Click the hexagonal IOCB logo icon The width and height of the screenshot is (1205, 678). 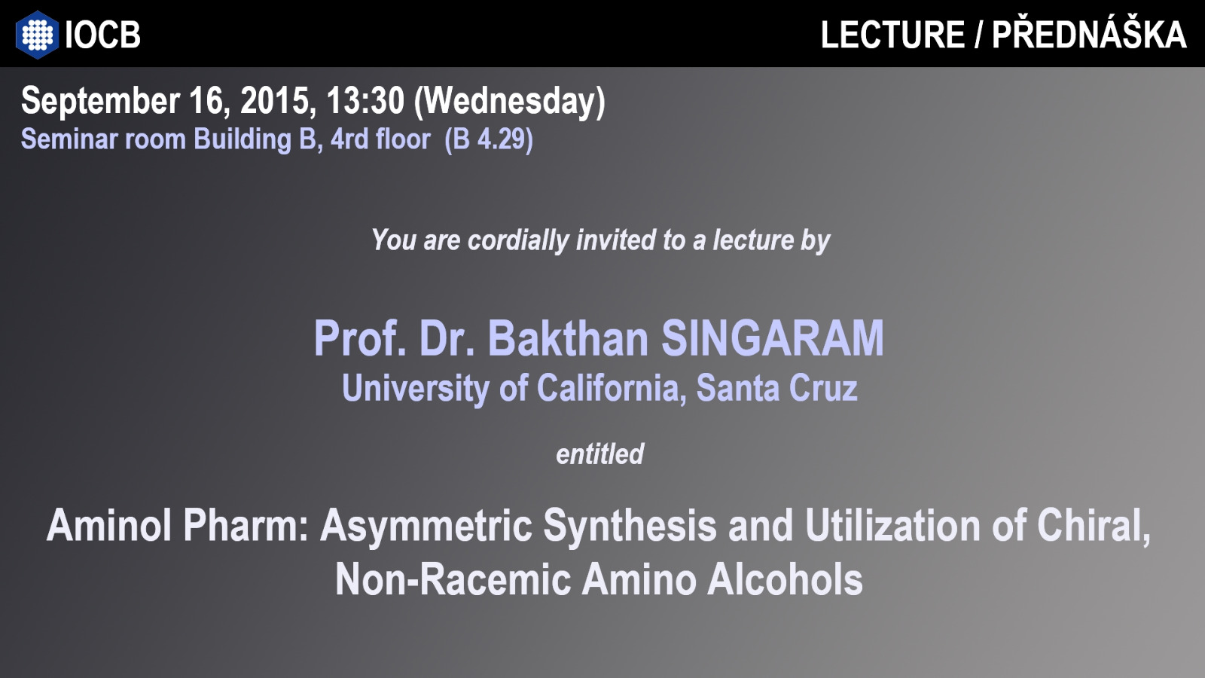[x=37, y=35]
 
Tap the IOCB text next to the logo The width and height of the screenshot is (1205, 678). [x=102, y=35]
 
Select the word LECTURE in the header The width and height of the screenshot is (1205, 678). [x=892, y=35]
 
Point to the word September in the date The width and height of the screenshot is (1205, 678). [x=100, y=101]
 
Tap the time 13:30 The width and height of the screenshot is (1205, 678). [x=365, y=101]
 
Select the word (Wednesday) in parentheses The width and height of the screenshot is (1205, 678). [x=510, y=102]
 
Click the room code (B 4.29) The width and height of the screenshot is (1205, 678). [x=489, y=139]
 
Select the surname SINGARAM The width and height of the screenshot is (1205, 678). [x=773, y=338]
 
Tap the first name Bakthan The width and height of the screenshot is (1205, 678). [x=568, y=338]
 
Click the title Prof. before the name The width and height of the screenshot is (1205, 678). [x=360, y=338]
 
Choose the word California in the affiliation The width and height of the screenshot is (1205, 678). [x=612, y=387]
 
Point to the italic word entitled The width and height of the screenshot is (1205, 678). [x=599, y=454]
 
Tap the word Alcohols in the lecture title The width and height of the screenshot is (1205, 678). [x=785, y=579]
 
